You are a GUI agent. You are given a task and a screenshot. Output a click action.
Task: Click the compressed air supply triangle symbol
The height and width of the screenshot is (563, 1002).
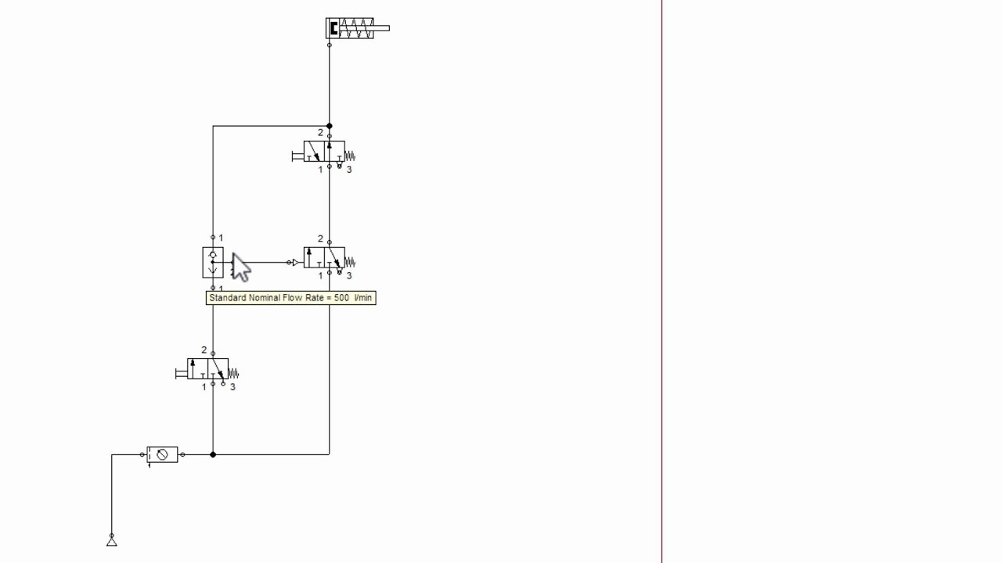click(111, 542)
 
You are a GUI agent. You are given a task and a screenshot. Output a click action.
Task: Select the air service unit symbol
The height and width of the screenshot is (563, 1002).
click(162, 455)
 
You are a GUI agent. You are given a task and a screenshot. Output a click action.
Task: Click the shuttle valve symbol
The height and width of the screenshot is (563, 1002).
click(213, 263)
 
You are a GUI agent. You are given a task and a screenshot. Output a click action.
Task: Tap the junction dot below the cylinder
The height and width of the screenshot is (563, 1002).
click(330, 126)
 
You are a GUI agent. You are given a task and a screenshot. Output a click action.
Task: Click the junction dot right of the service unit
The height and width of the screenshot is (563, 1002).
click(213, 454)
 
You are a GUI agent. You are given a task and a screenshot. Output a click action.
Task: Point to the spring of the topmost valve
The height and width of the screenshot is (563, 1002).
click(350, 156)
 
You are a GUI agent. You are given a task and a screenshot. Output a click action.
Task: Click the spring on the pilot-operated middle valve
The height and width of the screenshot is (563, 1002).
click(350, 262)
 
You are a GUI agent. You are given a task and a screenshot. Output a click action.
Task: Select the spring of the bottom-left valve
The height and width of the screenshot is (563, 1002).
click(233, 374)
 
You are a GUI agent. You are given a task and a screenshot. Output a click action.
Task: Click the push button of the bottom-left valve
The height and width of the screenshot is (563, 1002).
click(181, 374)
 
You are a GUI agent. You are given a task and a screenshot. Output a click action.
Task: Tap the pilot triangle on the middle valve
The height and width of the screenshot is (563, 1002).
click(296, 263)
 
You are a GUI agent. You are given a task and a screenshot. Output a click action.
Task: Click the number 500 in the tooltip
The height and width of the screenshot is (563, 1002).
click(341, 298)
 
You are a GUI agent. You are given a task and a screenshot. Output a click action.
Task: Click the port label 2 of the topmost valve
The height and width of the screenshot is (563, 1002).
click(320, 133)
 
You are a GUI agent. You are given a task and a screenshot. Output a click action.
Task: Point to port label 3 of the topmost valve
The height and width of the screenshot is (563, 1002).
click(349, 170)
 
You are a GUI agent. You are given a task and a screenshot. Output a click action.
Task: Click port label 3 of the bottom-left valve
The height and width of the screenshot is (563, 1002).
click(232, 387)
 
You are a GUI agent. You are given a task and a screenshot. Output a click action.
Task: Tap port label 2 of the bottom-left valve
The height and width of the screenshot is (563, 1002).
click(204, 350)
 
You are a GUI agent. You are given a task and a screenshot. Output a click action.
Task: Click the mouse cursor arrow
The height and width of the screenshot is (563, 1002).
click(240, 267)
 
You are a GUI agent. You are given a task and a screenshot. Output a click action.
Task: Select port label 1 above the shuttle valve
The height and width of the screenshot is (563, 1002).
click(221, 238)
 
